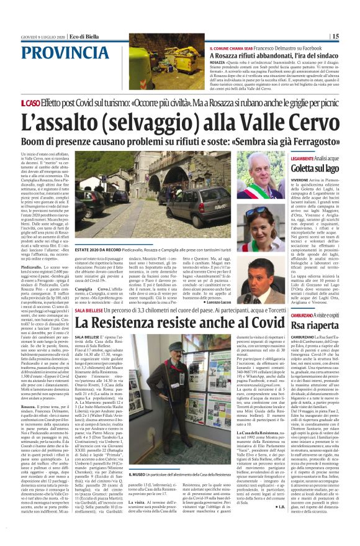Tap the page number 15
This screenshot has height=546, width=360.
coord(353,37)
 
